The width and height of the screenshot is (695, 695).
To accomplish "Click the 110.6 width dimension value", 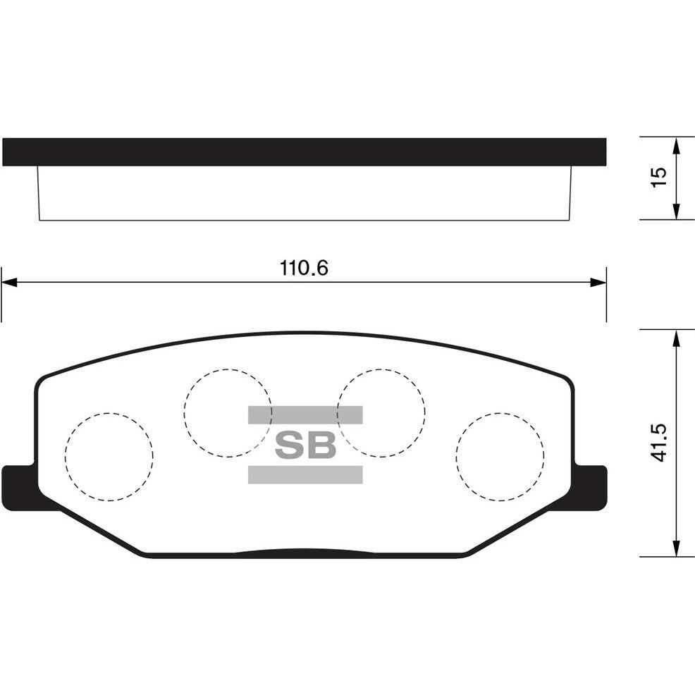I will click(x=305, y=268).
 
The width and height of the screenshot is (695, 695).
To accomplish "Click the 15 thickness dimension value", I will click(x=658, y=177).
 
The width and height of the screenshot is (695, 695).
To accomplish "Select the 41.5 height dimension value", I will click(x=658, y=443).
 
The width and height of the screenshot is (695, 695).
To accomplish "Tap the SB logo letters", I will click(x=305, y=444).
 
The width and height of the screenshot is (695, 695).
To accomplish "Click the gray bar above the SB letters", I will click(x=305, y=414).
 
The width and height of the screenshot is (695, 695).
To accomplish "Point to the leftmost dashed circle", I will click(x=109, y=457).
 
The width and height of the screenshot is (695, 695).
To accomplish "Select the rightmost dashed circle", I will click(x=500, y=457).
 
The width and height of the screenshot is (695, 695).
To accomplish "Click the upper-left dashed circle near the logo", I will click(x=227, y=412).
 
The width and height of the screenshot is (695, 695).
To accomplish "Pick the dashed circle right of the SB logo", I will click(x=381, y=412).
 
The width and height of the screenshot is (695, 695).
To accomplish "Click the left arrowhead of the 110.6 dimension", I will click(x=9, y=282).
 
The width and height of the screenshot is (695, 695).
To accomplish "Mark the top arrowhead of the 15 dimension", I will click(x=676, y=144).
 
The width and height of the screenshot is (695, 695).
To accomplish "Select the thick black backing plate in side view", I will click(x=304, y=152).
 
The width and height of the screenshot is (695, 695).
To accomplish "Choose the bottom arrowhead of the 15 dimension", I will click(x=676, y=211).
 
